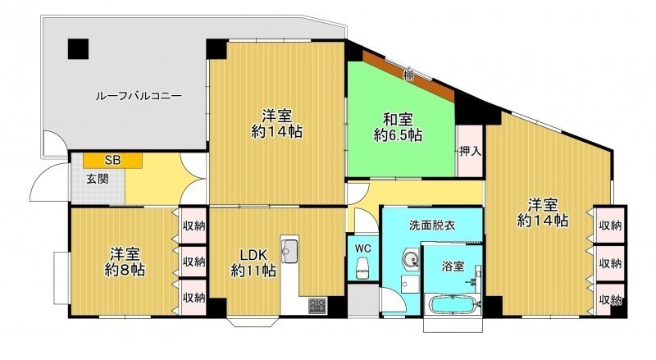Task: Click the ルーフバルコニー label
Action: (x=139, y=96)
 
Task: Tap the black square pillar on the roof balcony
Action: (x=79, y=48)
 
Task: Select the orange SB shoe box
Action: (x=112, y=161)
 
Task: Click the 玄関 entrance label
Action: (x=98, y=179)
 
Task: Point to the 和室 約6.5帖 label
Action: (x=398, y=127)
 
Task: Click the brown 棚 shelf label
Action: (x=408, y=75)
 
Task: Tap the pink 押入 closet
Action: (x=470, y=151)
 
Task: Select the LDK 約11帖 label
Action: (x=253, y=262)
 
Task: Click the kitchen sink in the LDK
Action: (x=289, y=251)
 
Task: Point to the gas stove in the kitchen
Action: (x=318, y=305)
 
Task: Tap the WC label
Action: (x=362, y=248)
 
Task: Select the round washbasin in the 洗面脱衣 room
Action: (x=411, y=259)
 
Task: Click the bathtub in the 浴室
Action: (x=453, y=304)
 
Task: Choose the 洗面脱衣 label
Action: (x=432, y=226)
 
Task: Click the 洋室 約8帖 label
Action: (x=125, y=262)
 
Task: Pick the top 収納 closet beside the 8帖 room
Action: (x=194, y=226)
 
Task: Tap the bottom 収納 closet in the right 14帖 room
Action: (x=610, y=299)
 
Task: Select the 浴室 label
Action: (x=453, y=266)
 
